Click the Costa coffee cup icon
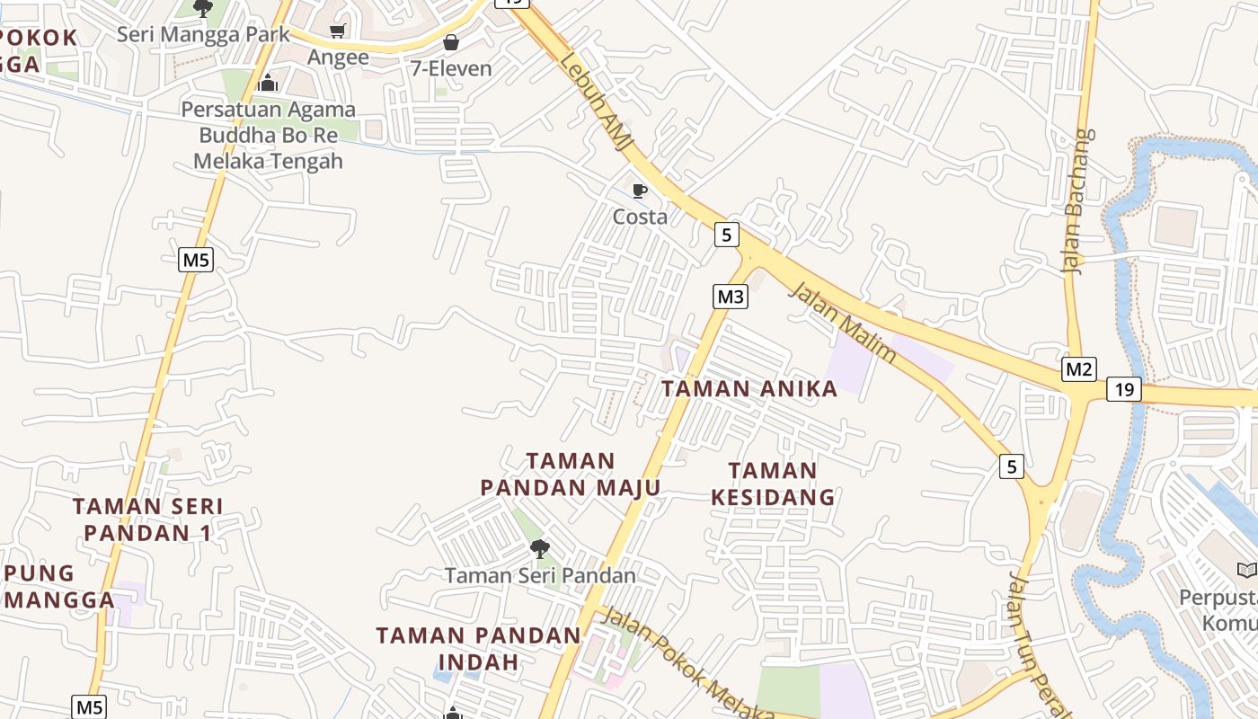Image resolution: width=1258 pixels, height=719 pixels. coord(640,191)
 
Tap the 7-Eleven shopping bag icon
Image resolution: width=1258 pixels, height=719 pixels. coord(450,42)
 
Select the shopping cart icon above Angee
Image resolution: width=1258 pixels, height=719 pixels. coord(338,31)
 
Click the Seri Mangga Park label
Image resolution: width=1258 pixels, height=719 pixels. coord(204,34)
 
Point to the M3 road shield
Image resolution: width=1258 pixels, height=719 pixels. coord(731,296)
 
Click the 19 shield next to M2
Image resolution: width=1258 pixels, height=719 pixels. coord(1123,389)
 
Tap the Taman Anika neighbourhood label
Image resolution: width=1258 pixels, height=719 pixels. coord(749,388)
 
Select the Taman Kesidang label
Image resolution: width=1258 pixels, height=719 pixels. coord(773,484)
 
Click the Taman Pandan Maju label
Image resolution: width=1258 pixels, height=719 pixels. coord(571,475)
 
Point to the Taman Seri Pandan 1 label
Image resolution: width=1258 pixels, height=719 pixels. coord(147,519)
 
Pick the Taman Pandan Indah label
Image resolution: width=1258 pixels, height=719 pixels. coord(478,648)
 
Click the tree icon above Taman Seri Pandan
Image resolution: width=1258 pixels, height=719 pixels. coord(539,548)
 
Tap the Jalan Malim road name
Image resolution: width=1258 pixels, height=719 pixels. coord(842,321)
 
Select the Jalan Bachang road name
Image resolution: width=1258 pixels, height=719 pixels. coord(1078,200)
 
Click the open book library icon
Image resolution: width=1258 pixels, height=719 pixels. coord(1246,570)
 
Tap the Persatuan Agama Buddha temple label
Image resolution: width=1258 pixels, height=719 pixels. coord(269,136)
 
